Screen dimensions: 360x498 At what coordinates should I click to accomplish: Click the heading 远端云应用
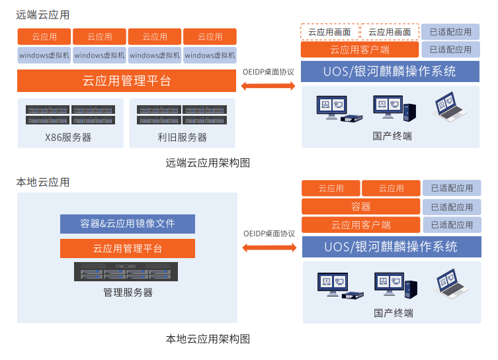pyautogui.click(x=43, y=15)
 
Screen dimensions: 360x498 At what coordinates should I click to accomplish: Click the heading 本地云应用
pyautogui.click(x=43, y=182)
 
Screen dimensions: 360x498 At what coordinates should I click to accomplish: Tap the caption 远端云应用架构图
pyautogui.click(x=208, y=163)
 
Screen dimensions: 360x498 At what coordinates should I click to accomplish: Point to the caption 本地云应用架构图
pyautogui.click(x=208, y=339)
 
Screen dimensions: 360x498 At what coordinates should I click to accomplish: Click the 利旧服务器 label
pyautogui.click(x=182, y=138)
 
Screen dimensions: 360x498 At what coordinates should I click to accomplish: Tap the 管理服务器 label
pyautogui.click(x=128, y=292)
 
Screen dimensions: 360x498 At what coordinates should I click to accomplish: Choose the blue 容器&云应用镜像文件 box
pyautogui.click(x=128, y=224)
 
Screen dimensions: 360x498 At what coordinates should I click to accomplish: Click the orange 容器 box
pyautogui.click(x=360, y=206)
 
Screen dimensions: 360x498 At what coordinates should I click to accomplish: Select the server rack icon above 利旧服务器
pyautogui.click(x=182, y=114)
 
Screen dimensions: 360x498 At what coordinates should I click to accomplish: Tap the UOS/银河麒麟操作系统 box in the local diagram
pyautogui.click(x=391, y=247)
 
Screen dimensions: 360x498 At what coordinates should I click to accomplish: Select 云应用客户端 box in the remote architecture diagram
pyautogui.click(x=360, y=50)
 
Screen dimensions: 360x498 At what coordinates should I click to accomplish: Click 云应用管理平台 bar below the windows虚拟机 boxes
pyautogui.click(x=127, y=81)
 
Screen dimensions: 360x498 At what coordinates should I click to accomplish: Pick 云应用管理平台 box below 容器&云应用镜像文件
pyautogui.click(x=128, y=249)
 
